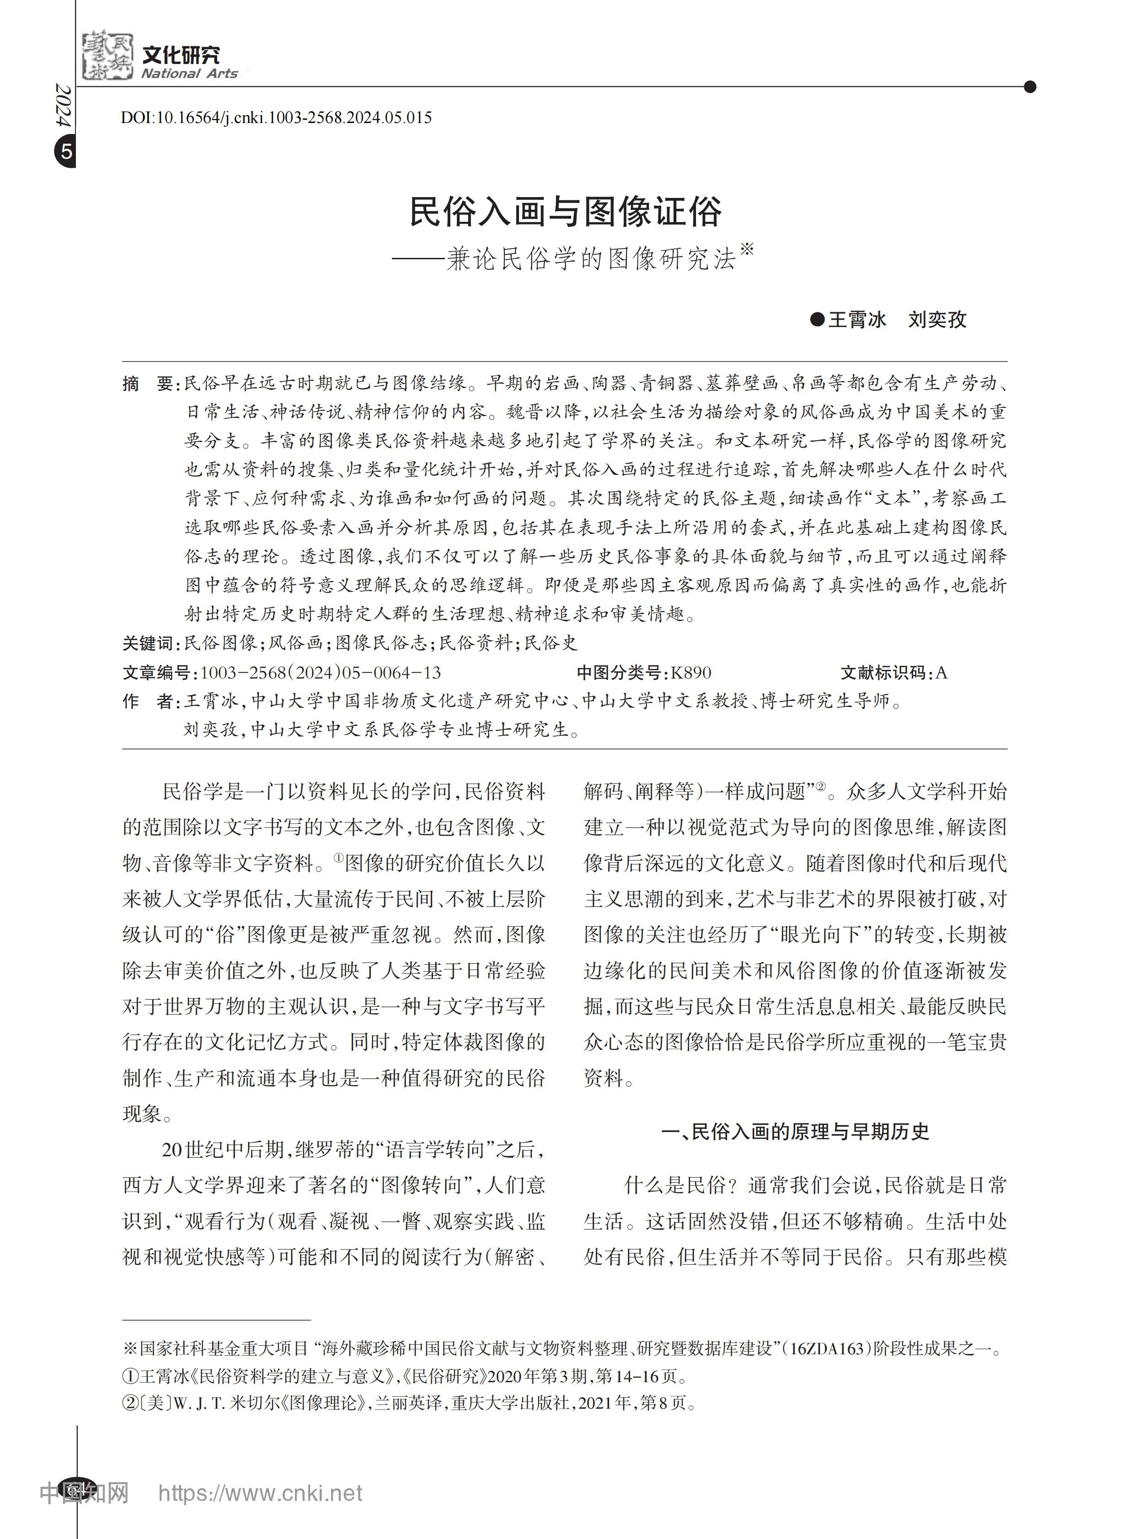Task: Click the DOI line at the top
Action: coord(276,118)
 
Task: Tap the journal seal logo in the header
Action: coord(107,55)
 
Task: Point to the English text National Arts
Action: coord(189,74)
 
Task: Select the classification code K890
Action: coord(691,673)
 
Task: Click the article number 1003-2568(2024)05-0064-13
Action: coord(320,673)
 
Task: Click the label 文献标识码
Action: coord(883,673)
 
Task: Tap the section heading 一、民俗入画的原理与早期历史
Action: coord(795,1132)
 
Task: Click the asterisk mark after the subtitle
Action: coord(747,248)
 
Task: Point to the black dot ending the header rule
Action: coord(1029,86)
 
